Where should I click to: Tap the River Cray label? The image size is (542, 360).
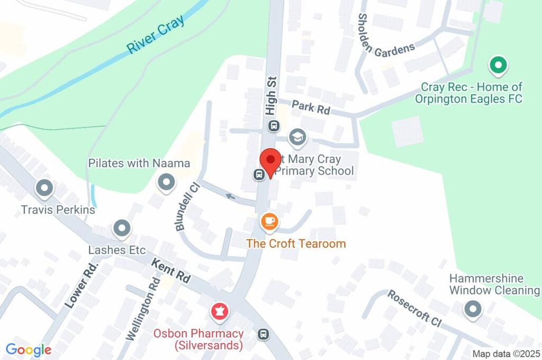(x=156, y=34)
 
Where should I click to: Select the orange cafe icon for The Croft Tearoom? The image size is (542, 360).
(x=269, y=221)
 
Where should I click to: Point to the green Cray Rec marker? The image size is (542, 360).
(x=497, y=66)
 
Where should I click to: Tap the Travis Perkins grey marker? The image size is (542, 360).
(x=44, y=188)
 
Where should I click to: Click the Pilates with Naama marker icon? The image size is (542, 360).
(x=167, y=183)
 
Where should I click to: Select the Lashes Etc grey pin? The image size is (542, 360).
(x=122, y=229)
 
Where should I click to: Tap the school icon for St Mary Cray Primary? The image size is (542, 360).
(x=297, y=138)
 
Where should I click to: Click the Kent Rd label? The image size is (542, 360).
(x=170, y=272)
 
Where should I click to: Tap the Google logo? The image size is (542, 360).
(x=29, y=349)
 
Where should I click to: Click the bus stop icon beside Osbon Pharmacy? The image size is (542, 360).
(x=263, y=334)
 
